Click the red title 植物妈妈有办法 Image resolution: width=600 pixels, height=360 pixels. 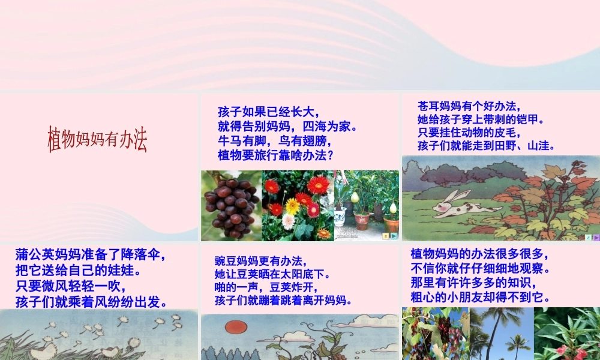point(97,139)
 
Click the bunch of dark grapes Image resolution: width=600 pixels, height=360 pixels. point(230,205)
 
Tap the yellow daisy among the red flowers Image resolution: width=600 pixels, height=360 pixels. point(292,206)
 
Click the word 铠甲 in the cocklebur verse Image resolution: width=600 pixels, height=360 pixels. point(532,119)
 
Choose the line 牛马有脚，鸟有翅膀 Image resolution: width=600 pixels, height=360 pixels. point(274,141)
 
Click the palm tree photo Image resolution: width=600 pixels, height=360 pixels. point(501,334)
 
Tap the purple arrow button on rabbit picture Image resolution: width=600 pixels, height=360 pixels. point(596,238)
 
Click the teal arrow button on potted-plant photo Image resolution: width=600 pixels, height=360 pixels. point(394,236)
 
